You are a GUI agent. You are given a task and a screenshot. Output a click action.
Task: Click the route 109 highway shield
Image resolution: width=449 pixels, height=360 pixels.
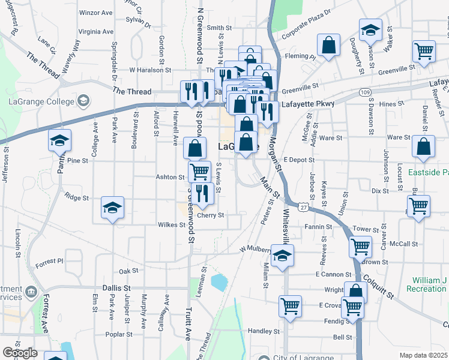pos(365,92)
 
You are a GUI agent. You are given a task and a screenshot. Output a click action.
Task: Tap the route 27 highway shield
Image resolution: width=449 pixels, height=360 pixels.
pos(304,207)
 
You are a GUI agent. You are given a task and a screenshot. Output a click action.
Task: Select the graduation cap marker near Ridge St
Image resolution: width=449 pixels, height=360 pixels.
pos(112,208)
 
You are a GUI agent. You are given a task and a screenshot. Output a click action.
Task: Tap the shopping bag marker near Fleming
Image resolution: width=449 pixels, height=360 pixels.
pos(328,46)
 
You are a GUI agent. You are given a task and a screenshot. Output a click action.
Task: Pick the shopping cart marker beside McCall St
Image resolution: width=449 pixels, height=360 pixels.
pos(360,246)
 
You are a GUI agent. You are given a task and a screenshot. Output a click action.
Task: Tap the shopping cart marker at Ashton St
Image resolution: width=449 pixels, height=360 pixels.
pos(199,172)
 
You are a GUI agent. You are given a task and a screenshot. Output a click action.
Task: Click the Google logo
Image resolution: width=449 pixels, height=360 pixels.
pos(19,353)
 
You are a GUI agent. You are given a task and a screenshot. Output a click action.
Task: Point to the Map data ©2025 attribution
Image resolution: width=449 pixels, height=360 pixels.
pos(423,355)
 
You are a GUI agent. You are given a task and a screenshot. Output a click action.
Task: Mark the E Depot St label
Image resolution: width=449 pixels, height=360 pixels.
pos(300,160)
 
